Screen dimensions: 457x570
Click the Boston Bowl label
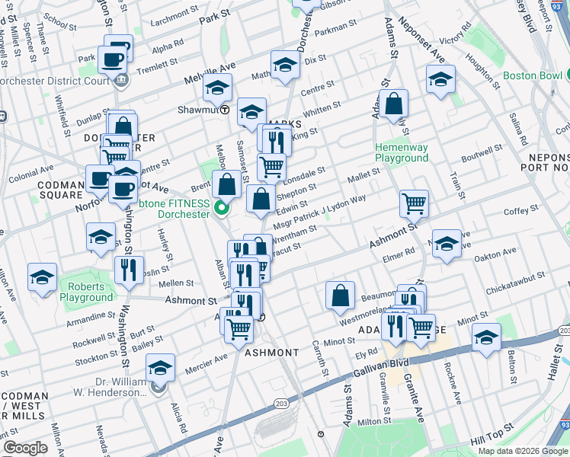click(x=532, y=77)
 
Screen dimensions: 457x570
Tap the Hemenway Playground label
click(x=401, y=152)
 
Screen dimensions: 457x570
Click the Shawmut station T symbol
click(x=225, y=110)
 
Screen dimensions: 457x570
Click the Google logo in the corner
click(x=25, y=448)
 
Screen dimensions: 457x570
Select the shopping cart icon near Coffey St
click(x=415, y=203)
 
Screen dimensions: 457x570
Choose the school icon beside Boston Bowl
click(x=440, y=80)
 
